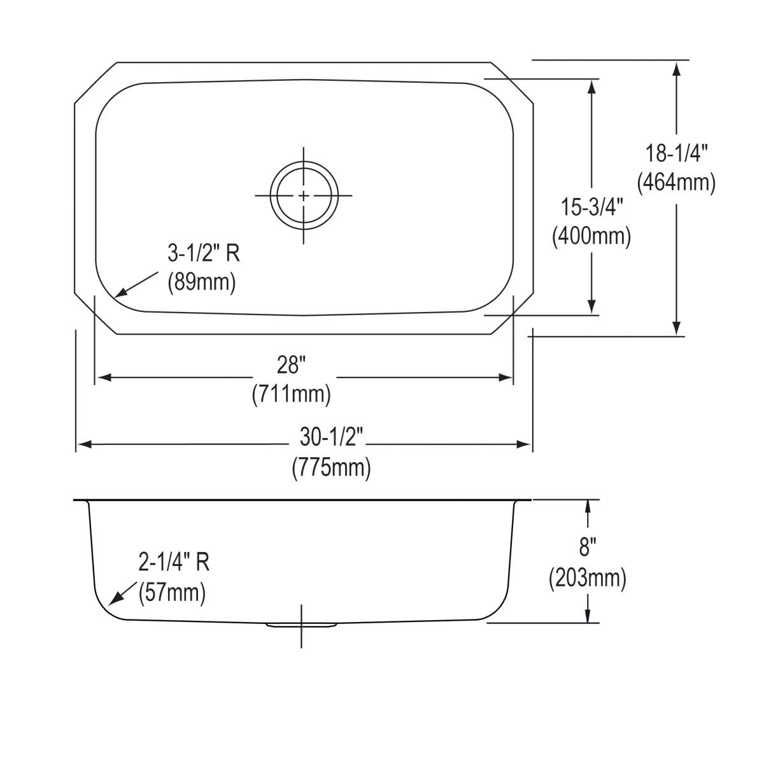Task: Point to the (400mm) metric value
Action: coord(591,237)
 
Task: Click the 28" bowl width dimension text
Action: coord(291,366)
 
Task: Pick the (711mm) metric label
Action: coord(291,395)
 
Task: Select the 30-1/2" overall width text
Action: coord(331,439)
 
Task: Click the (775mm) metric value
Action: coord(331,468)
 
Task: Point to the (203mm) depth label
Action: coord(587,579)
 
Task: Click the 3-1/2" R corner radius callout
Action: coord(204,254)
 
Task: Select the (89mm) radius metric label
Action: coord(201,282)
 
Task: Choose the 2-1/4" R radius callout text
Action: coord(174,562)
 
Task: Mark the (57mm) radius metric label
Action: coord(172,593)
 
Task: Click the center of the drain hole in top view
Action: coord(304,195)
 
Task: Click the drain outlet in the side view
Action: coord(301,625)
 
